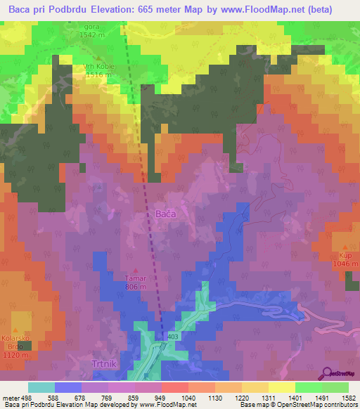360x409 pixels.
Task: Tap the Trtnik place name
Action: coord(107,363)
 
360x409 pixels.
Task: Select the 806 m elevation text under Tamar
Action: coord(136,287)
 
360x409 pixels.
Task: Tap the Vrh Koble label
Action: coord(98,66)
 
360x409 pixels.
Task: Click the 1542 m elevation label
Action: coord(91,34)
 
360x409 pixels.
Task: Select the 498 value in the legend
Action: coord(25,397)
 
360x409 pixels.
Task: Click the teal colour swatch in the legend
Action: coord(41,387)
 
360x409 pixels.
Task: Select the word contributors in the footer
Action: coord(337,405)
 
